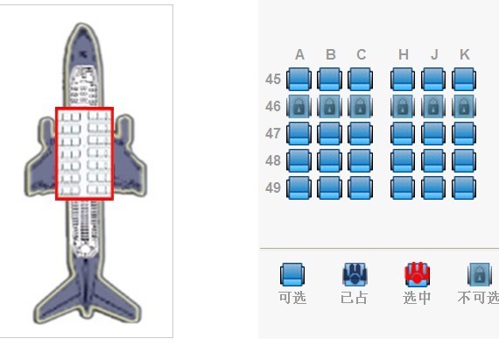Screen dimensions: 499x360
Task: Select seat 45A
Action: (x=299, y=79)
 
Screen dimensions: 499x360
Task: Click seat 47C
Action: (x=361, y=133)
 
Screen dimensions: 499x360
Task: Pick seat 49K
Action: (x=464, y=187)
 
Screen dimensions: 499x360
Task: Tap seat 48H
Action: (x=403, y=161)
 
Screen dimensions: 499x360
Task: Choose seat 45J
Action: (x=433, y=79)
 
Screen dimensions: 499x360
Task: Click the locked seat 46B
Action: (x=330, y=106)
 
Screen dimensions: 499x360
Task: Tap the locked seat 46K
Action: (x=464, y=106)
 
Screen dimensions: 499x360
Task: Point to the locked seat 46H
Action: (x=403, y=106)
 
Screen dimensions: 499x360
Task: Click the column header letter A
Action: (x=299, y=55)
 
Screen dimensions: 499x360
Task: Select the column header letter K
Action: (x=465, y=55)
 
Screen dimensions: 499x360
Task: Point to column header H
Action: (x=404, y=55)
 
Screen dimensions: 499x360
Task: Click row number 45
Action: (x=273, y=79)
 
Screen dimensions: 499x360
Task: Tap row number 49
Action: (x=273, y=187)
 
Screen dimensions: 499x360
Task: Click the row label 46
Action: (x=273, y=106)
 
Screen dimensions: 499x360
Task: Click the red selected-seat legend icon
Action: (x=417, y=274)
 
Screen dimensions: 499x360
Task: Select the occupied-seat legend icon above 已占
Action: (x=355, y=274)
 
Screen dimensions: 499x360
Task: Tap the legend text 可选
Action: (x=292, y=298)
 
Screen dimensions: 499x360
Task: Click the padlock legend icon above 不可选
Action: (x=479, y=274)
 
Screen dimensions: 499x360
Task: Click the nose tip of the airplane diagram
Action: (x=81, y=25)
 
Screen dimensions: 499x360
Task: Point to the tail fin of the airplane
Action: (x=86, y=286)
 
